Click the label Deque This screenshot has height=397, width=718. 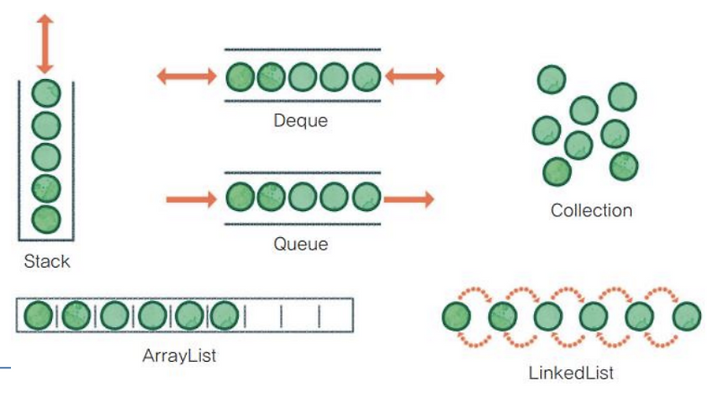[301, 120]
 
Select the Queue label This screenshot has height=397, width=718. [301, 243]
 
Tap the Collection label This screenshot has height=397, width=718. [591, 211]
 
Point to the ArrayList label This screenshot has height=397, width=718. [179, 355]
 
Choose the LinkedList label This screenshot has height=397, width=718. [572, 372]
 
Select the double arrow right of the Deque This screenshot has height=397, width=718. [414, 75]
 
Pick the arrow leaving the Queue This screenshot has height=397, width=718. [410, 197]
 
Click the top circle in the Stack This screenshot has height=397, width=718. [45, 93]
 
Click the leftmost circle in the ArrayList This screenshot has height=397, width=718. [39, 314]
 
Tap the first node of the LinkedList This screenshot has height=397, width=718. [457, 316]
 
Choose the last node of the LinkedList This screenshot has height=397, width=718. [687, 316]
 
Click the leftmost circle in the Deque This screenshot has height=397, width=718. [241, 75]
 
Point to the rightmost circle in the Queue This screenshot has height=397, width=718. [366, 196]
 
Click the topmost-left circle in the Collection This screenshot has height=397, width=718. [552, 79]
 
